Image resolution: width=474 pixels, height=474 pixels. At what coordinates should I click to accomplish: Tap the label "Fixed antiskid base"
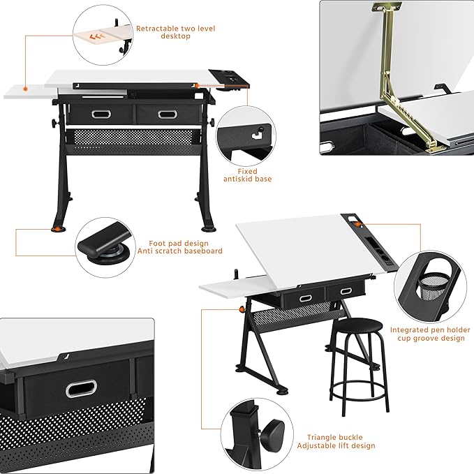pos(248,175)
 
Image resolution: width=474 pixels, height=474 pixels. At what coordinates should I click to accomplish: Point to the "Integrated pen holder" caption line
pos(427,329)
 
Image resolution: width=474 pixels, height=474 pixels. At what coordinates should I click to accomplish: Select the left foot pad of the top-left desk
pos(56,227)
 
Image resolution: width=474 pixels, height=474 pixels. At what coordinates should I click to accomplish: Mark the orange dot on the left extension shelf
pos(24,89)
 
